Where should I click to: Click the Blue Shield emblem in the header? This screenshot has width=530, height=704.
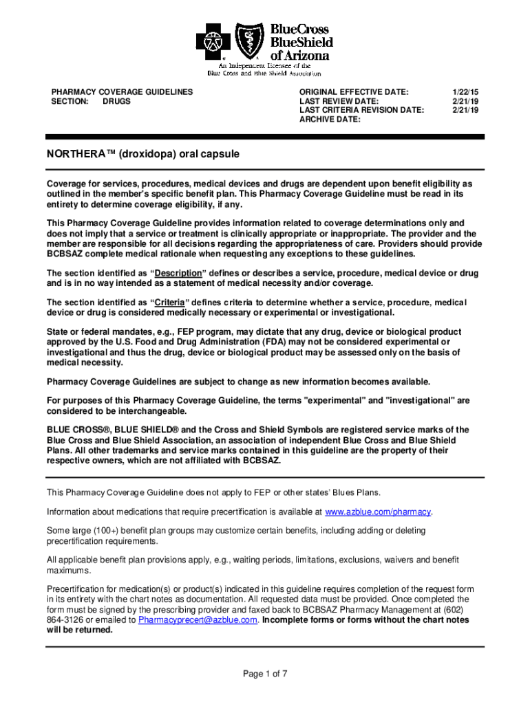click(248, 41)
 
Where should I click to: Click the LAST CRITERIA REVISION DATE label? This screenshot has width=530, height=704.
click(361, 110)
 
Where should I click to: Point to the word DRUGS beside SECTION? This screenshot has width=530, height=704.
click(116, 101)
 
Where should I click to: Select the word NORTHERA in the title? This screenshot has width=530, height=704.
click(74, 155)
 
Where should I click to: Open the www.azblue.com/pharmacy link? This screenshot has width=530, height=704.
click(378, 512)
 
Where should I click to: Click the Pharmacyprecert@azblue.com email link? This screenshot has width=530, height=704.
click(198, 619)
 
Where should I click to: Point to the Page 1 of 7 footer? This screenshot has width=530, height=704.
click(265, 674)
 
